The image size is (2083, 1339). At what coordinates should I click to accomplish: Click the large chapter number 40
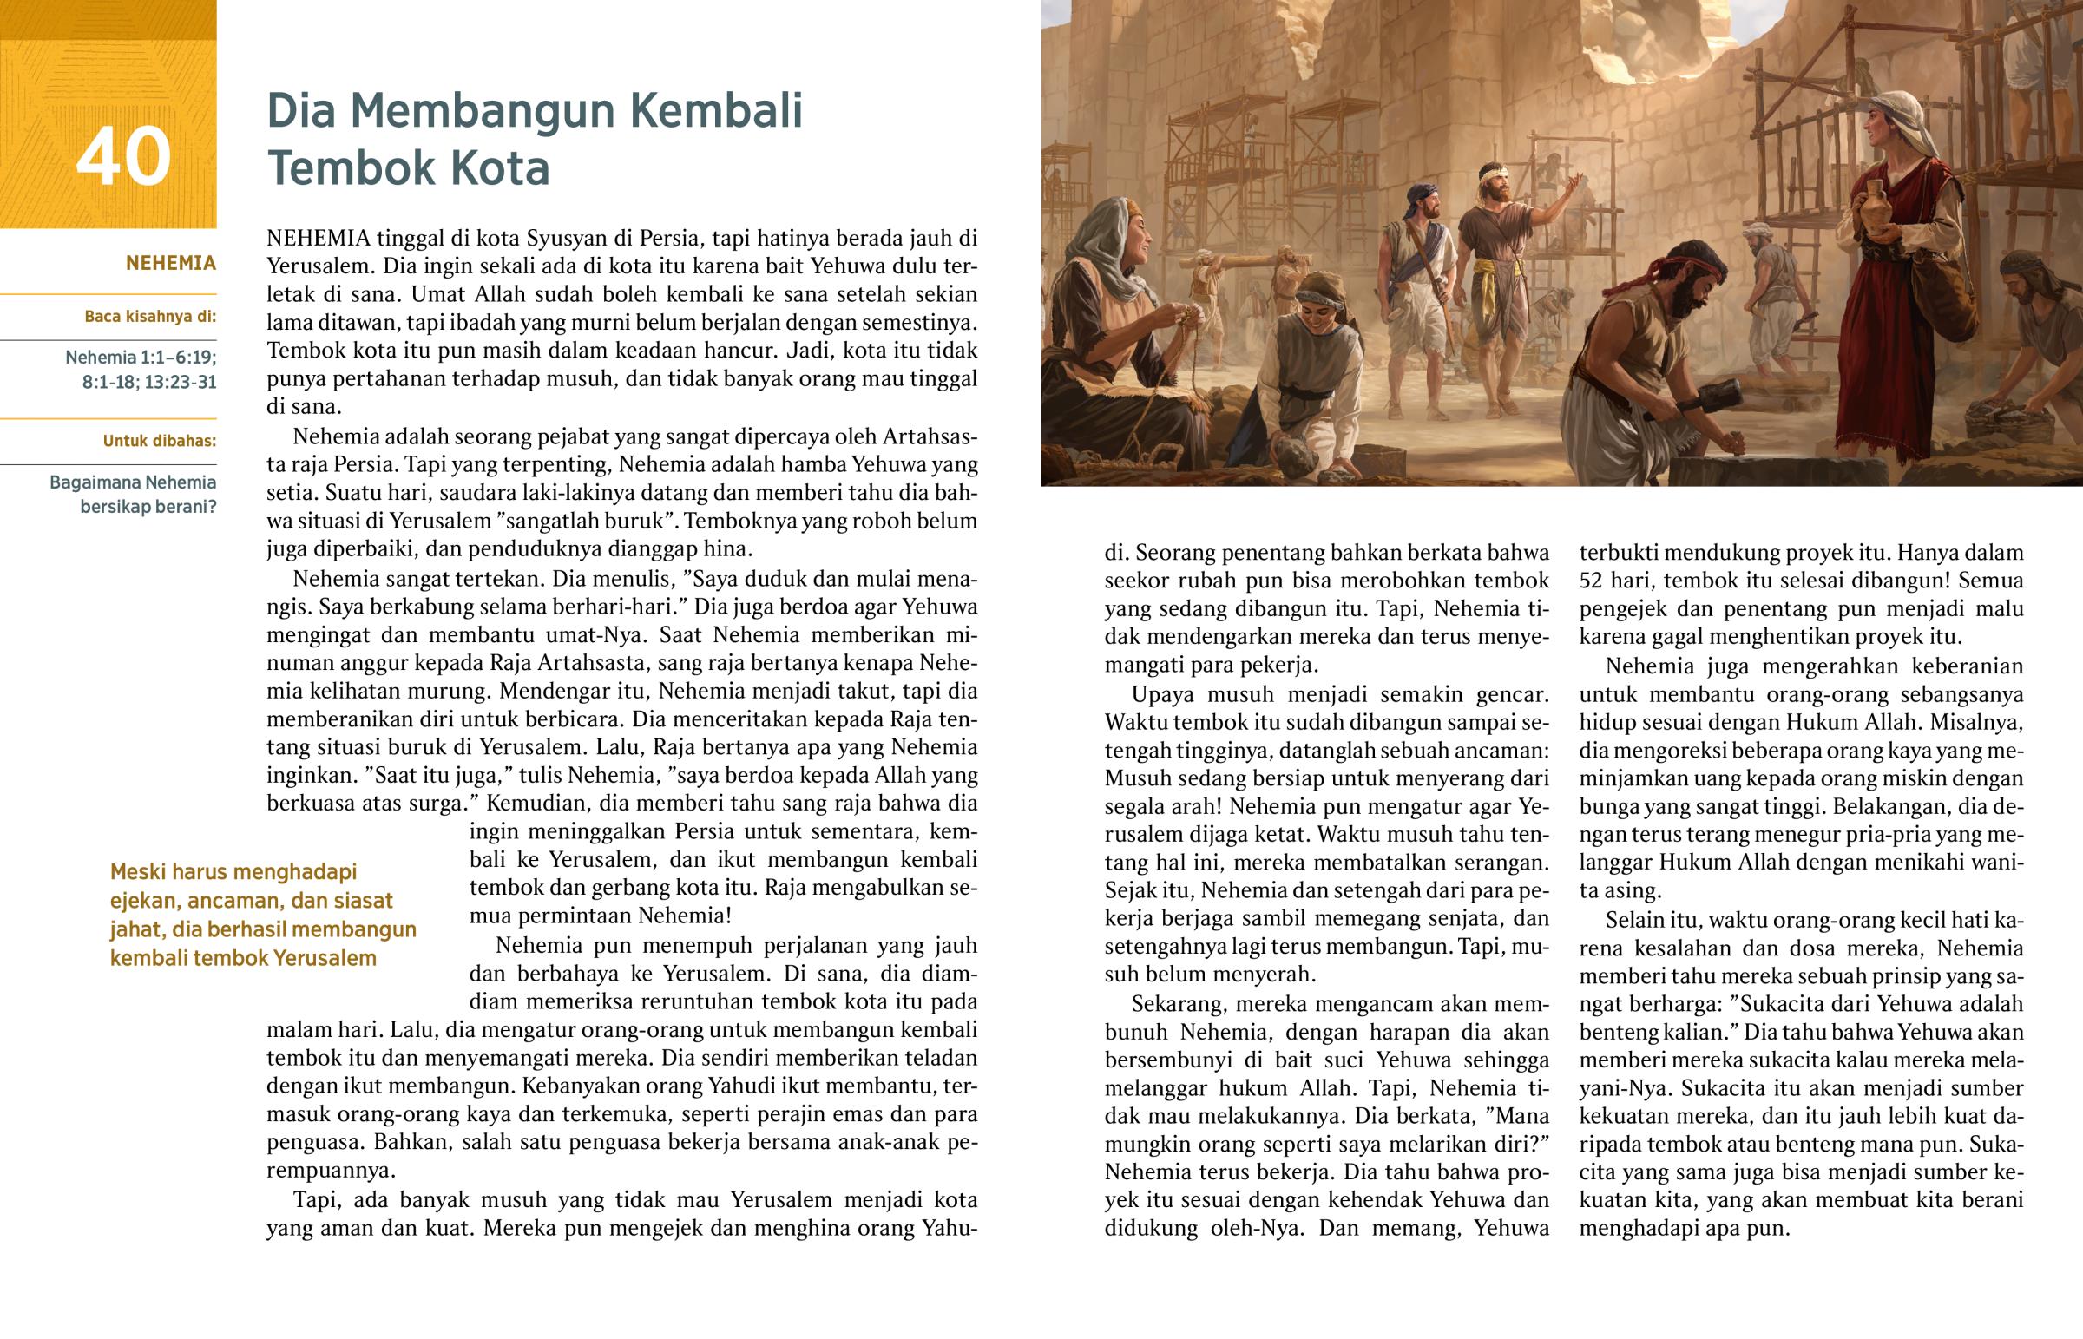pos(122,156)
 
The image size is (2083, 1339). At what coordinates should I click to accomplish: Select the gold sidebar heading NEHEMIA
pos(170,263)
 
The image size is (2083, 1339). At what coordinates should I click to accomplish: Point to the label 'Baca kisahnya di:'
pos(149,317)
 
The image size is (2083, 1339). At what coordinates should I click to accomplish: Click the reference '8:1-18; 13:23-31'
pos(148,382)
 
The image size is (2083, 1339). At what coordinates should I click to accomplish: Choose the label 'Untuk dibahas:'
pos(159,441)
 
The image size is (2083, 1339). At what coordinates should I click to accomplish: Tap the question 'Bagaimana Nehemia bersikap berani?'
pos(133,494)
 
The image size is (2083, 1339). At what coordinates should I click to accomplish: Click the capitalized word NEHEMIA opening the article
pos(319,238)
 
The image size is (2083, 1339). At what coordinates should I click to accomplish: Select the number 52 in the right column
pos(1591,580)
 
